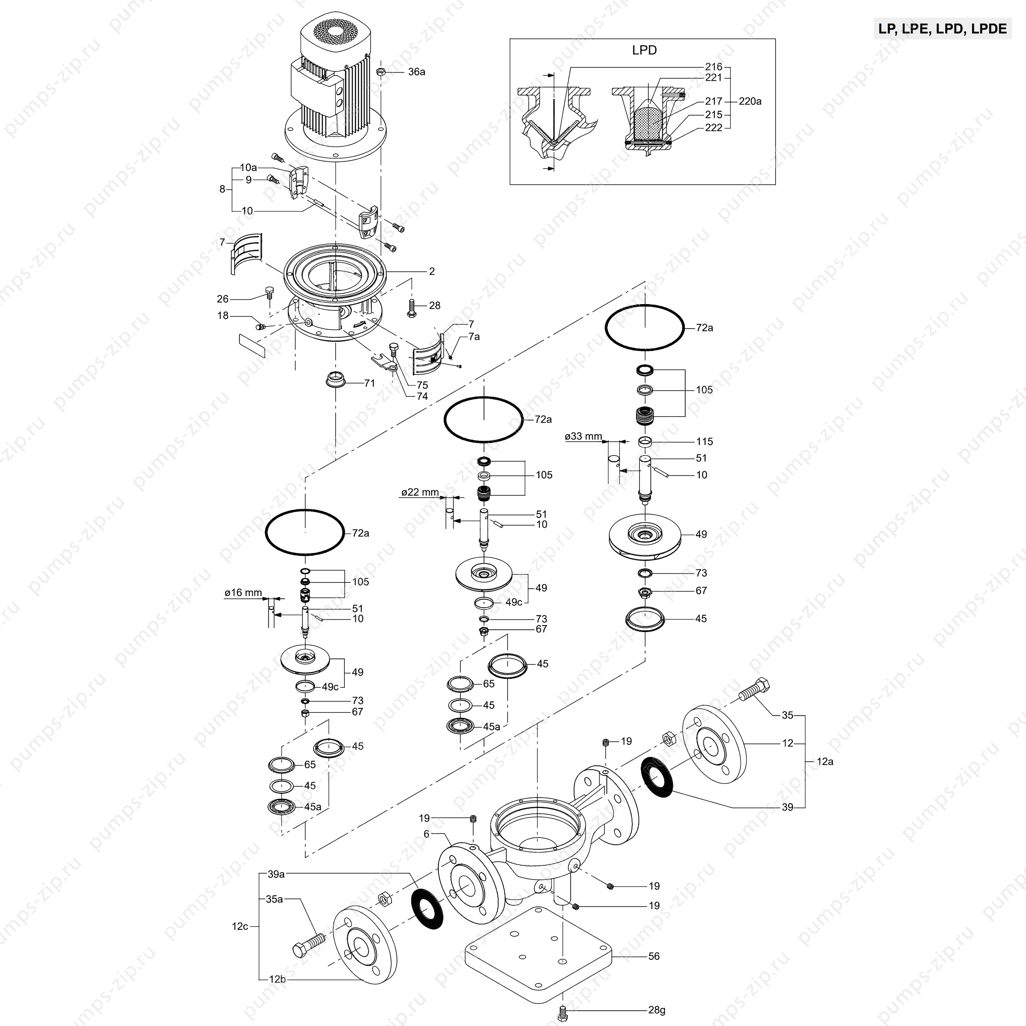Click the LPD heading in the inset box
644,50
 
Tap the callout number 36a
416,72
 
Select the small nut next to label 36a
381,72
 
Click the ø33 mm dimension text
583,437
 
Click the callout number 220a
750,101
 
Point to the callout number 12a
825,762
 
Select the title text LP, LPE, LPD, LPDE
943,29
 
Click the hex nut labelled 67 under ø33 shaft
645,592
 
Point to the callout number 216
714,67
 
